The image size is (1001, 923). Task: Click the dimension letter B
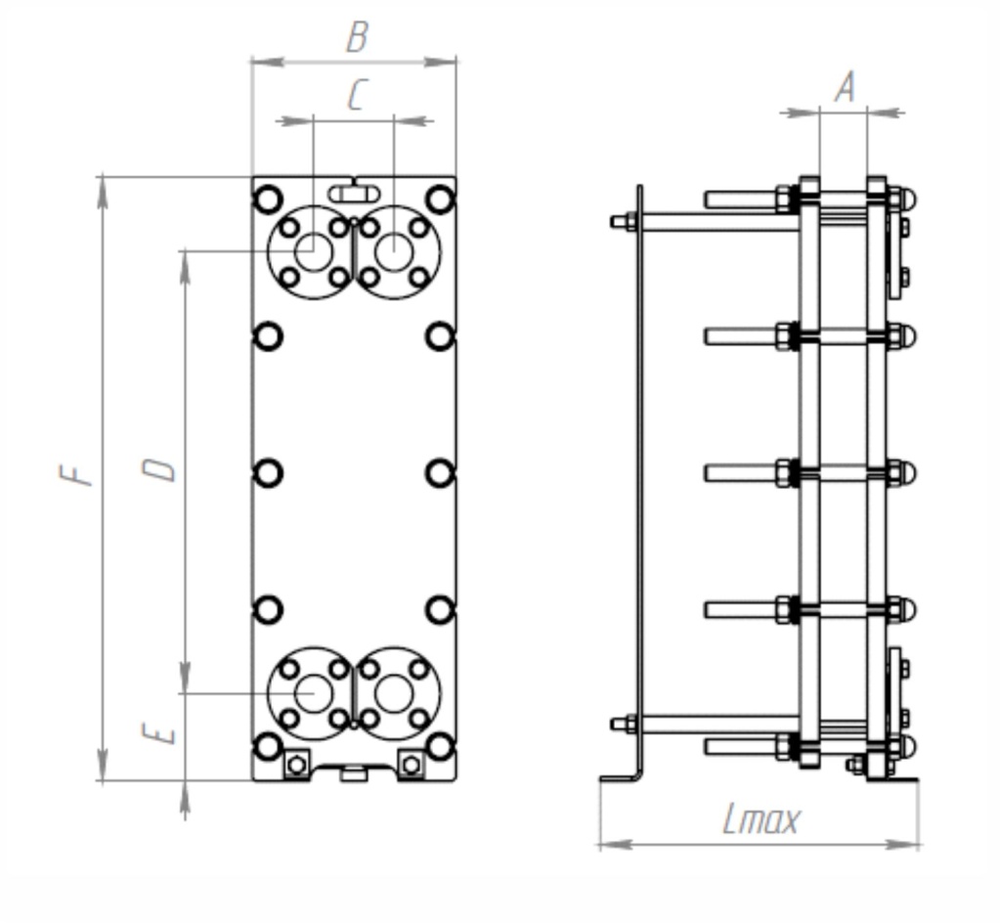(x=357, y=38)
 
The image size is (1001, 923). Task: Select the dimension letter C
(x=356, y=96)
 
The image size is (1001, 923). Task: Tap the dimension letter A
(x=844, y=88)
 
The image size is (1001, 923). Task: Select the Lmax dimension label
(x=761, y=819)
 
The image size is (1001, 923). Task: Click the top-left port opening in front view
(x=313, y=251)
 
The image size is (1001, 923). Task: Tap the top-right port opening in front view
(x=394, y=251)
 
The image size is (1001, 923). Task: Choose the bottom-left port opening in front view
(x=313, y=693)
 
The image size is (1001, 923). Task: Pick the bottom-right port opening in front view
(x=394, y=693)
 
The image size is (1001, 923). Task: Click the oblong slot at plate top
(x=354, y=193)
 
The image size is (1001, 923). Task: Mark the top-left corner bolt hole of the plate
(x=268, y=199)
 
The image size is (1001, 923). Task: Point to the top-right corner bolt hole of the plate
(x=441, y=199)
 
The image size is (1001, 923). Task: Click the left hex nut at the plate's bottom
(x=297, y=763)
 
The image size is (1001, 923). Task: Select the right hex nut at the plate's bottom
(x=412, y=763)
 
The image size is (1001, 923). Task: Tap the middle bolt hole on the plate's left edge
(x=268, y=473)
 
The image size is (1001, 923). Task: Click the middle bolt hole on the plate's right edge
(x=441, y=473)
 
